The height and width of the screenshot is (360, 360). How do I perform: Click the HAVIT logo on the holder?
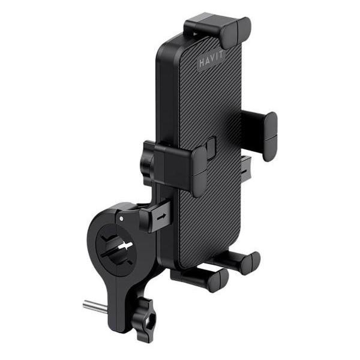(213, 62)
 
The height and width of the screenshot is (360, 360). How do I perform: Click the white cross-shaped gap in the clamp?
(124, 247)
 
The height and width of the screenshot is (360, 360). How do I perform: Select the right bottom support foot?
(240, 261)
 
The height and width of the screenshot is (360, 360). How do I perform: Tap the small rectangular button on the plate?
(211, 147)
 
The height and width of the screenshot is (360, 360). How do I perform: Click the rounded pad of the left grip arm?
(199, 170)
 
